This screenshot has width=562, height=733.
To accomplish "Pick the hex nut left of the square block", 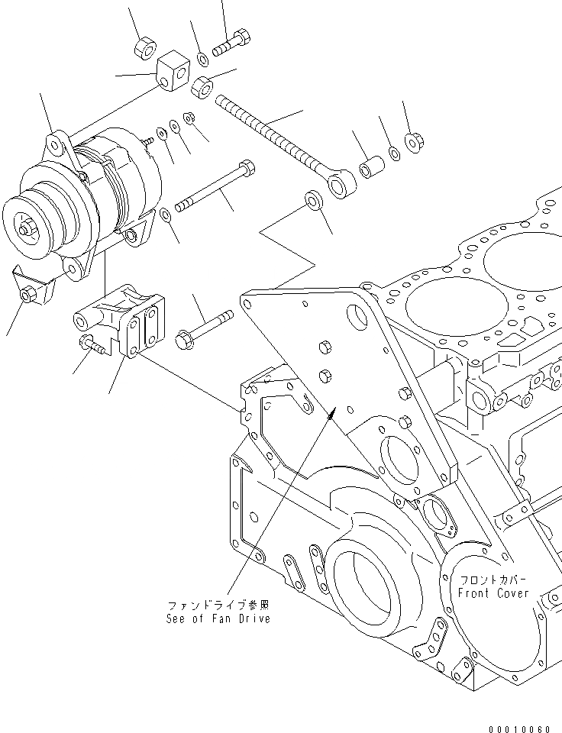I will point(144,49).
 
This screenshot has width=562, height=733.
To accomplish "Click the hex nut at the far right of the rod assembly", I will point(415,143).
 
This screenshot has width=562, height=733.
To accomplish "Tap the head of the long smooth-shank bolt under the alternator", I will point(247,166).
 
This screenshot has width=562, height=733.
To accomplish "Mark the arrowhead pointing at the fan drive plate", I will point(331,414).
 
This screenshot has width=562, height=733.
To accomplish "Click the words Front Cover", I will point(493,594).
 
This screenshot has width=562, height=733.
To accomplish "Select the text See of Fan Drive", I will point(218,618).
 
